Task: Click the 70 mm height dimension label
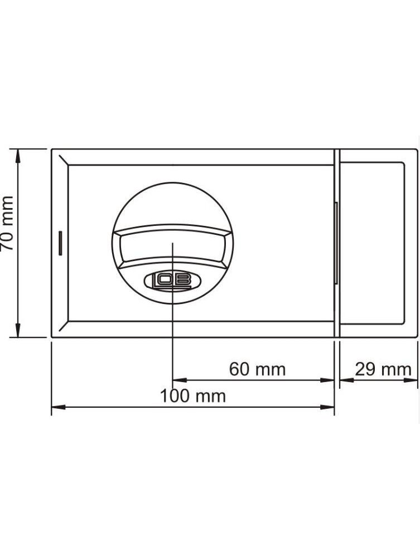(x=7, y=223)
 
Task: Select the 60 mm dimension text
(x=257, y=369)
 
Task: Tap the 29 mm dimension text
(x=383, y=369)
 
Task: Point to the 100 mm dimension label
(x=193, y=396)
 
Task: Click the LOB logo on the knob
(x=172, y=282)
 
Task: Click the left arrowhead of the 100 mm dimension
(x=59, y=407)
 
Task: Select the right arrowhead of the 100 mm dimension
(x=327, y=407)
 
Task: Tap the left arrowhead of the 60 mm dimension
(x=180, y=380)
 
